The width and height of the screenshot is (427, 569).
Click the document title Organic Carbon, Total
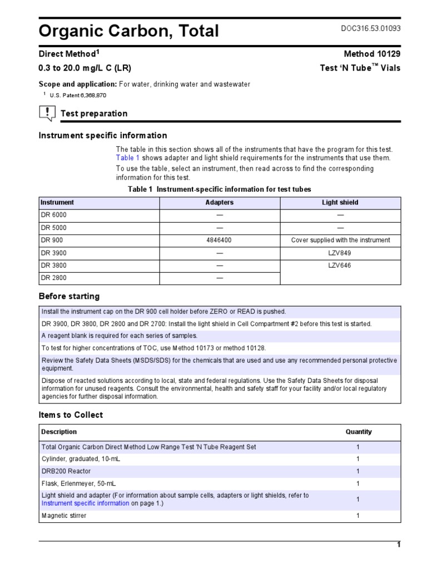coord(128,31)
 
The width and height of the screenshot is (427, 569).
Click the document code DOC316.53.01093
coord(370,28)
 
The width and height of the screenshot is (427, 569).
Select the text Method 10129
coord(372,54)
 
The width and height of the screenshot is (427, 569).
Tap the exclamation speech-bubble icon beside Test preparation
coord(47,113)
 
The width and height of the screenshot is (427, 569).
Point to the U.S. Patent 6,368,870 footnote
coord(78,96)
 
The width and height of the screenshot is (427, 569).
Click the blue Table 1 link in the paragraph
coord(127,158)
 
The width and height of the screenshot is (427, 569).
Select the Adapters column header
coord(220,203)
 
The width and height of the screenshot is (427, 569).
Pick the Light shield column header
coord(340,203)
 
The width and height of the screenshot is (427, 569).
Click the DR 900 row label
coord(52,241)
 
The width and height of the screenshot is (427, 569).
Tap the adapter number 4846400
coord(220,241)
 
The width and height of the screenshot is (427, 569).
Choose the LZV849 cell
coord(340,253)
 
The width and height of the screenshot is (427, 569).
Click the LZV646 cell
coord(340,266)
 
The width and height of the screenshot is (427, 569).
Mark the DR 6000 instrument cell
coord(57,215)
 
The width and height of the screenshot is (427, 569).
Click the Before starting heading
coord(69,296)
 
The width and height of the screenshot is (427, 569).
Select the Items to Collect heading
coord(71,415)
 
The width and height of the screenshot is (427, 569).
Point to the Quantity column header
coord(358,432)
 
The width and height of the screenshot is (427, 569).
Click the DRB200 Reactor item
coord(66,471)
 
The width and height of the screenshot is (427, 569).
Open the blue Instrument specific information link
coord(85,503)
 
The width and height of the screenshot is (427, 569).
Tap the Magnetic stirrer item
coord(64,516)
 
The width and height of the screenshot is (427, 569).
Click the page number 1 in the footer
coord(398,545)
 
